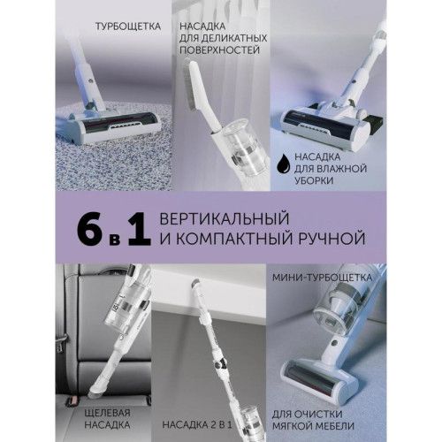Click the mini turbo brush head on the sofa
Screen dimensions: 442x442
pos(331,363)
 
